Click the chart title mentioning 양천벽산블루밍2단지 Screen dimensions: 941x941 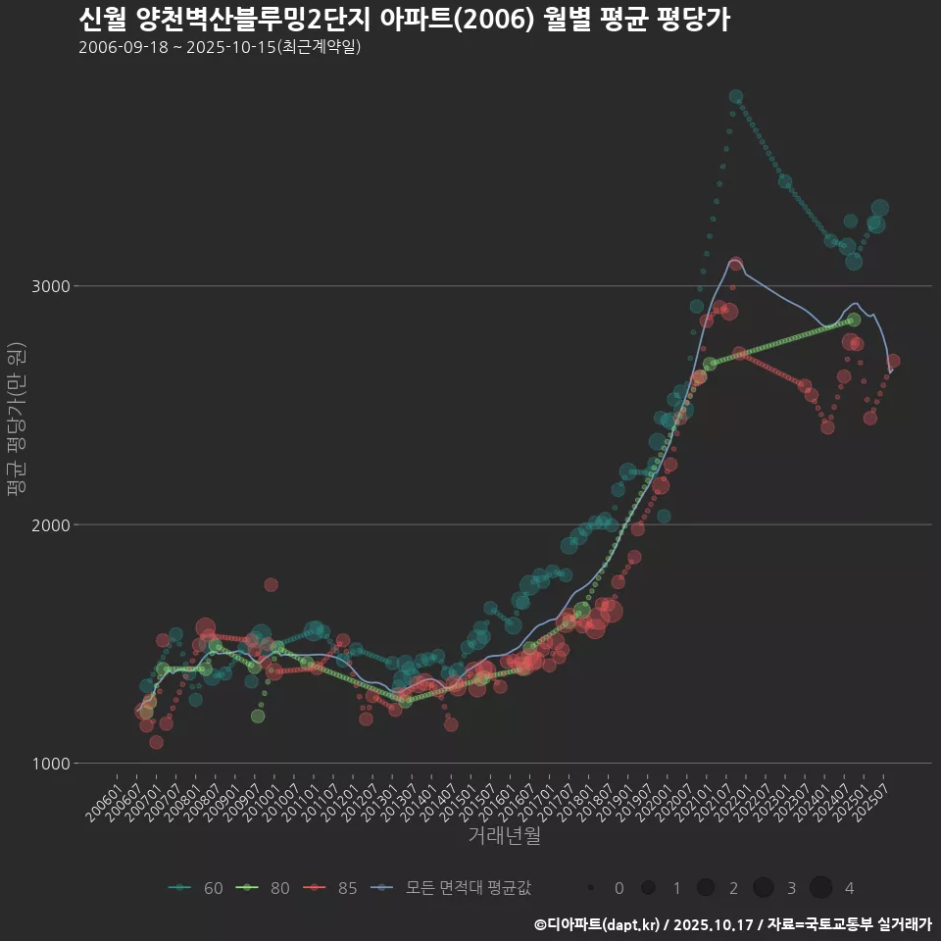tap(403, 20)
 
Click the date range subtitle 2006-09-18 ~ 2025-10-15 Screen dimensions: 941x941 tap(220, 47)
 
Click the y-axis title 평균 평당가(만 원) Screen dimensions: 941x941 tap(15, 421)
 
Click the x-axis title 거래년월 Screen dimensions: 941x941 tap(504, 835)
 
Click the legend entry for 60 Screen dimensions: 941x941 tap(196, 888)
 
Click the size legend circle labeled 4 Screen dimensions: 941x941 tap(821, 888)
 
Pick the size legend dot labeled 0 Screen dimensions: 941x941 tap(591, 888)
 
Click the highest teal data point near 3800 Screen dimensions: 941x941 tap(736, 97)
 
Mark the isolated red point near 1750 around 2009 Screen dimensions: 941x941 tap(271, 584)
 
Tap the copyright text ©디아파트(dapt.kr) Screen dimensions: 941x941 tap(598, 924)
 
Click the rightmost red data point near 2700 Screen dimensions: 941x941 tap(893, 361)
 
